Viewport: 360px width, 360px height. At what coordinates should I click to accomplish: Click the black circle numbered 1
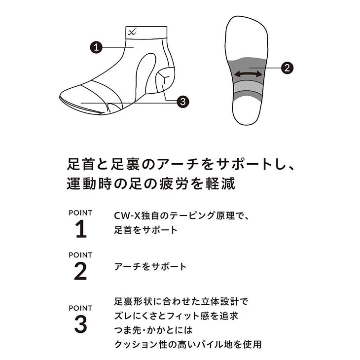point(96,47)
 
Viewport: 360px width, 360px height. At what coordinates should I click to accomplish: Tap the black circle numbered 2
point(287,68)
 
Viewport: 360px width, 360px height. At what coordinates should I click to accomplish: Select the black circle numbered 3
point(183,101)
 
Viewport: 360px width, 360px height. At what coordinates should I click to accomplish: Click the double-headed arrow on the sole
point(248,74)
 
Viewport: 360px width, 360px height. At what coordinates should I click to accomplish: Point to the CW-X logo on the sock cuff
point(132,32)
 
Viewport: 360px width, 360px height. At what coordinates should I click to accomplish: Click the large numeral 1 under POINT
point(81,229)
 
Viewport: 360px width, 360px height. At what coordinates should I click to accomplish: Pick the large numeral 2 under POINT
point(80,271)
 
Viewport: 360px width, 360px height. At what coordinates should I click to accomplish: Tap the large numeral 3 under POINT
point(80,324)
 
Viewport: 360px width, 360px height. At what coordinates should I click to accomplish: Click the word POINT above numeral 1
point(80,213)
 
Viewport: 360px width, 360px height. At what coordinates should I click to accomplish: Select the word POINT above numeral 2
point(80,255)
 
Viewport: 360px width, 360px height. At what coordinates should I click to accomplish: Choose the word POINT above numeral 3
point(80,308)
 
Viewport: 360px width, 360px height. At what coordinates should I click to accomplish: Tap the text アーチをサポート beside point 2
point(150,267)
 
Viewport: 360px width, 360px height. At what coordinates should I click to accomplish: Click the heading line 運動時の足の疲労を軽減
point(151,184)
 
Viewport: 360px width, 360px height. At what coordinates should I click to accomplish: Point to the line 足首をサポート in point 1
point(146,230)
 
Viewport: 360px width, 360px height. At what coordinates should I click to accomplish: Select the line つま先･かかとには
point(153,330)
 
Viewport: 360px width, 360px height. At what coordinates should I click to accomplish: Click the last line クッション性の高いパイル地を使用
point(188,344)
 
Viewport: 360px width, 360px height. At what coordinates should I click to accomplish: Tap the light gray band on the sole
point(248,86)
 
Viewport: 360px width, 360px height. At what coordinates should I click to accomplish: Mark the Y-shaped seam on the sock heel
point(165,77)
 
